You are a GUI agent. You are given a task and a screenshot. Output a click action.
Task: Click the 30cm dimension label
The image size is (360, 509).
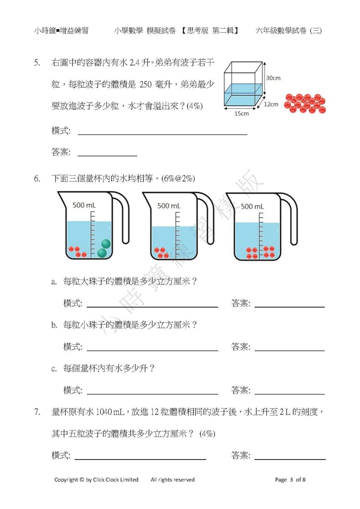(x=273, y=78)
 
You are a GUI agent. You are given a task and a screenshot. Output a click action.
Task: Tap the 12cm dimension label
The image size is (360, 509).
(x=271, y=104)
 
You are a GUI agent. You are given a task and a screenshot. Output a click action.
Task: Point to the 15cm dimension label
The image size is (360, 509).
(x=241, y=114)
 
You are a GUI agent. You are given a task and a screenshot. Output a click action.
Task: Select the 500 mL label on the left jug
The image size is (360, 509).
(x=84, y=205)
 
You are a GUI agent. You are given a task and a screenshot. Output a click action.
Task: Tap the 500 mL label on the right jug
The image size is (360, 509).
(x=252, y=206)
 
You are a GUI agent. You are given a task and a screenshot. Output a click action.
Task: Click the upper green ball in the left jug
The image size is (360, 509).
(x=106, y=244)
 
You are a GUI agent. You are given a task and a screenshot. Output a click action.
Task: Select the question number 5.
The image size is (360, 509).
(x=38, y=63)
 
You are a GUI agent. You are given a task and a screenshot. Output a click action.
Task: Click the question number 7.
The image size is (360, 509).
(x=38, y=411)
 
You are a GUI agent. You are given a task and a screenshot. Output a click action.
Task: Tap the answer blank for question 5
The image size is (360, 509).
(x=108, y=152)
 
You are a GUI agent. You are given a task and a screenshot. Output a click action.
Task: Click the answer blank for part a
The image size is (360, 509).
(x=289, y=304)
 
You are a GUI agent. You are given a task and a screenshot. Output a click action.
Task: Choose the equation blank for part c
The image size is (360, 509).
(x=152, y=390)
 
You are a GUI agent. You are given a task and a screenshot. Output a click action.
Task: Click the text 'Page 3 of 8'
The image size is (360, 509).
(x=290, y=479)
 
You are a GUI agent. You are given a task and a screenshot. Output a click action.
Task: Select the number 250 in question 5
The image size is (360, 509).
(x=148, y=84)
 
